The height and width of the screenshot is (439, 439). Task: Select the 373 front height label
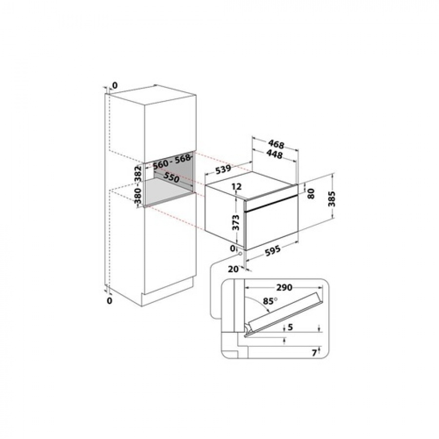[x=236, y=222]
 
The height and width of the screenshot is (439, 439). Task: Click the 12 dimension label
[x=237, y=186]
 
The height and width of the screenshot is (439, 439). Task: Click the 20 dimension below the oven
[x=233, y=268]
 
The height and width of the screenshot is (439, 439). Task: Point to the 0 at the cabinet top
[x=115, y=86]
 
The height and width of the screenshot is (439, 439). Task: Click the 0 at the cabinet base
[x=109, y=301]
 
